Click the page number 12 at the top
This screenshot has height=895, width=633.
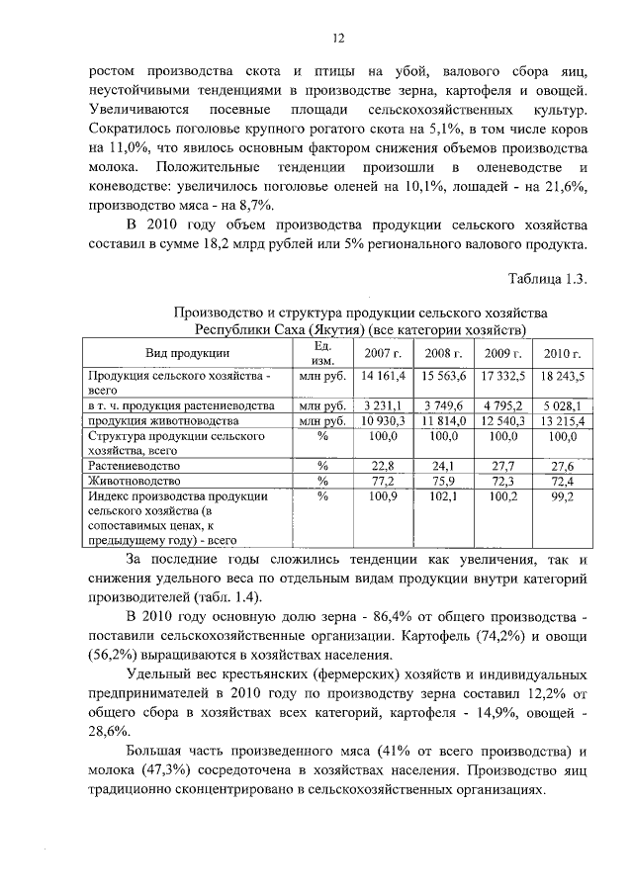(x=336, y=39)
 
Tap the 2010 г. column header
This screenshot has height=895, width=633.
(x=561, y=353)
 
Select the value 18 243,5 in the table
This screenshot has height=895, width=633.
(x=561, y=377)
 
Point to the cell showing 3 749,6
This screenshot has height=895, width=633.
(x=442, y=404)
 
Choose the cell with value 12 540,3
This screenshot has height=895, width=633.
(x=501, y=421)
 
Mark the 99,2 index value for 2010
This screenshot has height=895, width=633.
(x=562, y=497)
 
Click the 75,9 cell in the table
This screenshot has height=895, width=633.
(x=442, y=481)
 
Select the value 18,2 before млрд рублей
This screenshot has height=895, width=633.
(x=279, y=245)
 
